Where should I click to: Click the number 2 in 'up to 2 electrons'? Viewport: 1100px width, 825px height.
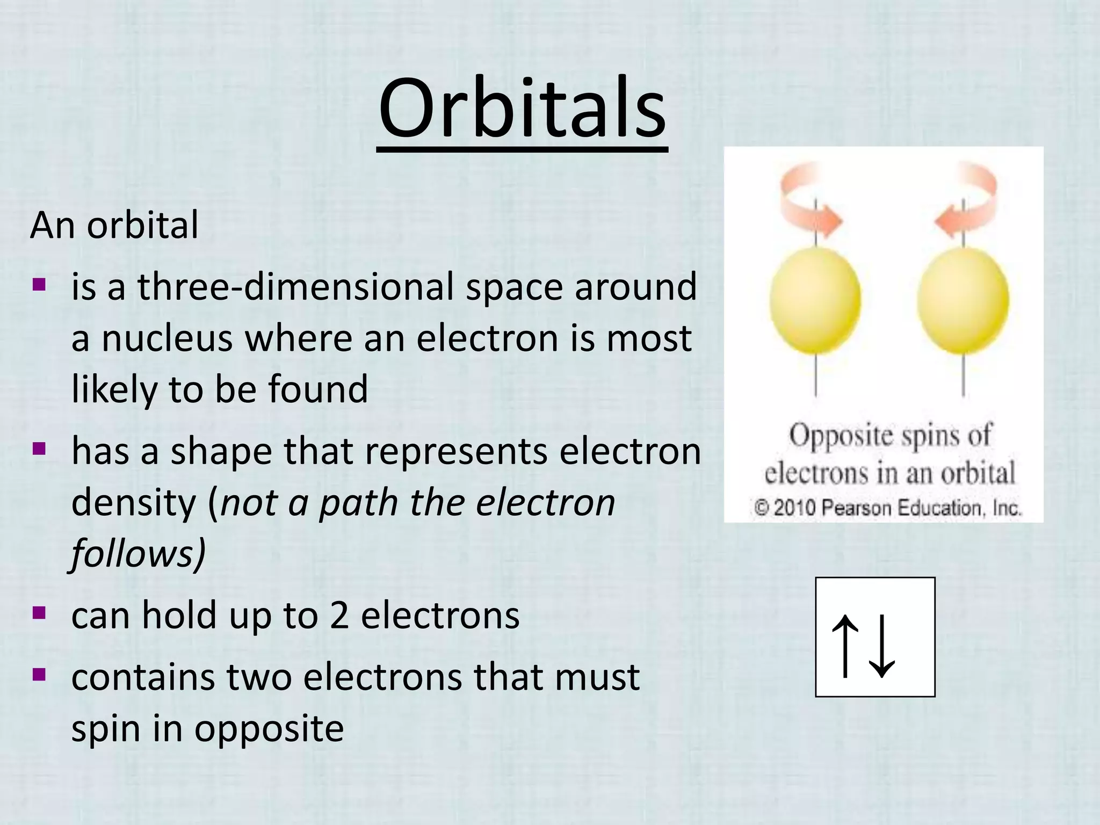click(339, 616)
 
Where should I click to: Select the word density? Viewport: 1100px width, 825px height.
click(134, 503)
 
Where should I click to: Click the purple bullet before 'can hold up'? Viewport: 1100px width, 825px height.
click(39, 613)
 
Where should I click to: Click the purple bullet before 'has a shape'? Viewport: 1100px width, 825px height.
click(39, 448)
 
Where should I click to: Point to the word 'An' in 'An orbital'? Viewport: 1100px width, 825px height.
click(52, 225)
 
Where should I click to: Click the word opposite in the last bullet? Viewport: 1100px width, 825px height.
click(269, 729)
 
